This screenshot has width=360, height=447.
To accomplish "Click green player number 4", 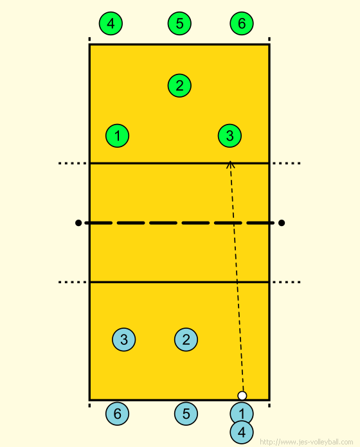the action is point(111,23).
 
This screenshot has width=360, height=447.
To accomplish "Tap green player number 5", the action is point(179,23).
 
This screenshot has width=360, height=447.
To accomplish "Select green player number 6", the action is point(242,23).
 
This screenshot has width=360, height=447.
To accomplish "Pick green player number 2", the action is point(179,85).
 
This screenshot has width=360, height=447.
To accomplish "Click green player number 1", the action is point(117,136).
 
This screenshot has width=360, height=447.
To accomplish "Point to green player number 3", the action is point(230,136).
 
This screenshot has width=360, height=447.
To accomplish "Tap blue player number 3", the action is point(124,340).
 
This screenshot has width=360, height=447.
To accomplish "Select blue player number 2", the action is point(186,340).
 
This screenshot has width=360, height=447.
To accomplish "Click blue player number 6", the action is point(117,414).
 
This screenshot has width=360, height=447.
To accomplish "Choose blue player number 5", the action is point(186,414).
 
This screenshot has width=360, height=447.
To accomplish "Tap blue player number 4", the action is point(242,432).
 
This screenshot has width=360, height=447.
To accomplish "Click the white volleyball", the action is point(242,396).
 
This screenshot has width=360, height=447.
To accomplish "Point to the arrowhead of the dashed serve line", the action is point(230,162).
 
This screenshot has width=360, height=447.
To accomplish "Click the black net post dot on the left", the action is point(78,223).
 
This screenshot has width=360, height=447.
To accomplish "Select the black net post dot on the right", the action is point(282,223).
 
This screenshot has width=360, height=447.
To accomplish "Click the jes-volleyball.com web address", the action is point(307,442).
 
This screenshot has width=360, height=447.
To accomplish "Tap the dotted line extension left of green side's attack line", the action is point(73,163).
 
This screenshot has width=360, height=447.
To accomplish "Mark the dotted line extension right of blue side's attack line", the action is point(287,282).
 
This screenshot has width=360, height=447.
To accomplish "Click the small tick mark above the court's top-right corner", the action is point(269,39).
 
